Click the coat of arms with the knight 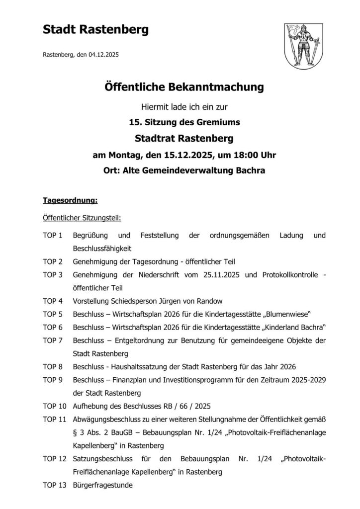tap(301, 48)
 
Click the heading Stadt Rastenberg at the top tap(95, 30)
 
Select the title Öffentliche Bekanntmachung tap(183, 88)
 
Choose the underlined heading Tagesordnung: tap(70, 201)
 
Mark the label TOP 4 tap(53, 301)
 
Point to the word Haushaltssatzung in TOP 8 tap(139, 367)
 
